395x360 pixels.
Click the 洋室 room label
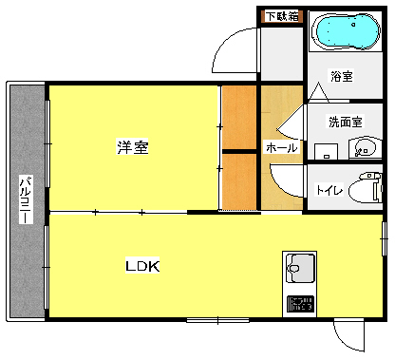point(132,147)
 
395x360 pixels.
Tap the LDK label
point(143,267)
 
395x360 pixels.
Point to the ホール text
point(281,148)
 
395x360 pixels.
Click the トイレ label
point(329,190)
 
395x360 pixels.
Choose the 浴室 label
point(342,77)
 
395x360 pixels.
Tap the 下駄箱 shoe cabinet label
point(280,15)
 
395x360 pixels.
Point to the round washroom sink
point(362,148)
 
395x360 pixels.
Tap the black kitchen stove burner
point(300,304)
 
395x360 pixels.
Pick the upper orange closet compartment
point(239,118)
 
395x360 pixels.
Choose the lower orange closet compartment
point(239,181)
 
